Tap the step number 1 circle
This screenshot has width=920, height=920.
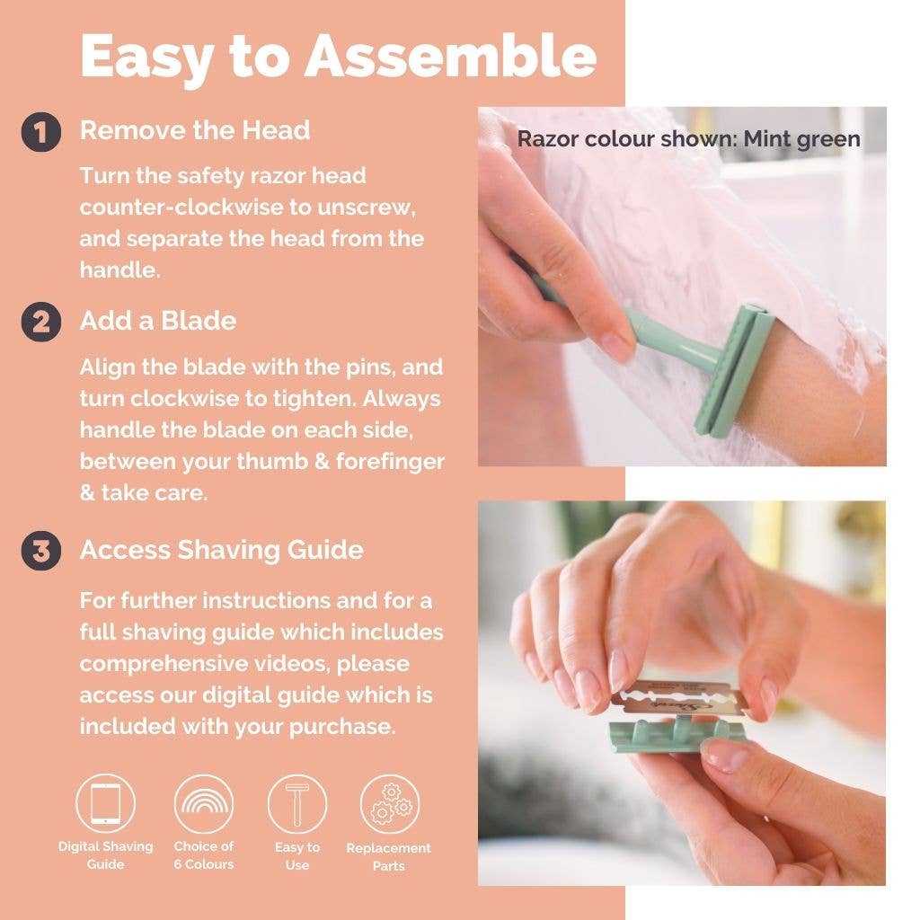point(41,132)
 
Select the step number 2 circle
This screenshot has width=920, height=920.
point(41,322)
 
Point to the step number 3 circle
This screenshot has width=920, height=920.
point(41,551)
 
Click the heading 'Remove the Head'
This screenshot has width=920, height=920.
point(195,130)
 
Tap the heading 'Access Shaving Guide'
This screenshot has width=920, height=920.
point(221,550)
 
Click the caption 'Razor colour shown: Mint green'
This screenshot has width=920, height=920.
point(688,139)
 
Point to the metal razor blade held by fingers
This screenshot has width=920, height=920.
point(678,701)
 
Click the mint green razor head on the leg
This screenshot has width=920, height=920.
point(735,370)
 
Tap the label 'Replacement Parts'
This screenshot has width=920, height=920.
point(388,857)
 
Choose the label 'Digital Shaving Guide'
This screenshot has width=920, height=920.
point(105,855)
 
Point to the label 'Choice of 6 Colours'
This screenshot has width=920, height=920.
point(203,855)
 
